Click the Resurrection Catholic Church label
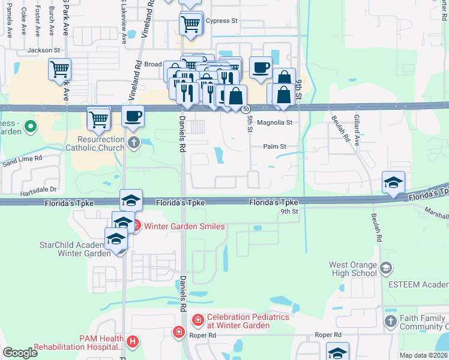95,143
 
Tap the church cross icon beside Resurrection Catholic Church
133,143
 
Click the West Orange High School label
353,269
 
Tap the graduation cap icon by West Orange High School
386,268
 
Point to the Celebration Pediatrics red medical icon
197,321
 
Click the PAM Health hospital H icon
133,342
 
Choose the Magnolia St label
274,122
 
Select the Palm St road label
275,146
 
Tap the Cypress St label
221,20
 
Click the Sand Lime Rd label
22,160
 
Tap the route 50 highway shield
246,109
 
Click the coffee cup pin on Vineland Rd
133,116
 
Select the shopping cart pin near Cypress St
190,24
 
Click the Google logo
20,353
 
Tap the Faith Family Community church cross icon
391,321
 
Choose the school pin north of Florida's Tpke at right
393,182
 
